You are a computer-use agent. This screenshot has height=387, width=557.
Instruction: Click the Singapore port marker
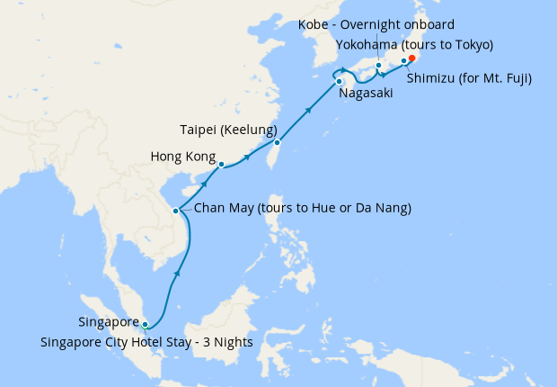point(146,325)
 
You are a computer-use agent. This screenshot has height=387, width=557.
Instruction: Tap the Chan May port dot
point(176,211)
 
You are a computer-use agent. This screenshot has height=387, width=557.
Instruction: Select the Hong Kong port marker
point(221,164)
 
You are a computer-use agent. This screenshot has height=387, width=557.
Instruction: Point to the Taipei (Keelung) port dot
point(278,142)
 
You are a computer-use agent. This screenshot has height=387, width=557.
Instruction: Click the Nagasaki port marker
point(340,82)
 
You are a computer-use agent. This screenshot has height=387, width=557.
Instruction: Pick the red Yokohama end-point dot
point(412,58)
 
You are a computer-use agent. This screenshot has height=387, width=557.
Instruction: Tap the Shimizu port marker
point(403,61)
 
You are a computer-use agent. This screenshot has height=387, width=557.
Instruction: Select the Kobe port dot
point(379,65)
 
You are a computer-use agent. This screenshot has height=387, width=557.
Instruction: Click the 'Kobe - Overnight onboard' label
point(376,24)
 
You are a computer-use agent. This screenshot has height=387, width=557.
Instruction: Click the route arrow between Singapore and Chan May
point(177,273)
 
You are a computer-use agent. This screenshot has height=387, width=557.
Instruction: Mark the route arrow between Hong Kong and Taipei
point(247,161)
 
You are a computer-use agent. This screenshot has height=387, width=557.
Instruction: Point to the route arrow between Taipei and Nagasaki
point(309,111)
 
